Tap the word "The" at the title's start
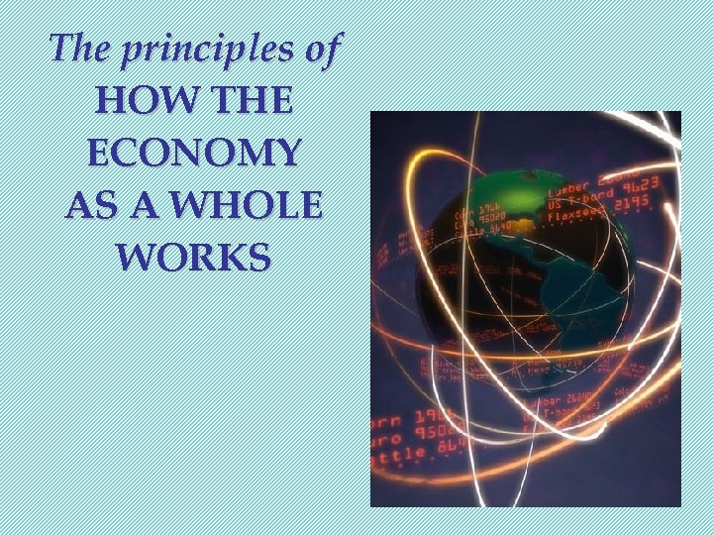[x=81, y=48]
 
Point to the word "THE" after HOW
[x=246, y=101]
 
